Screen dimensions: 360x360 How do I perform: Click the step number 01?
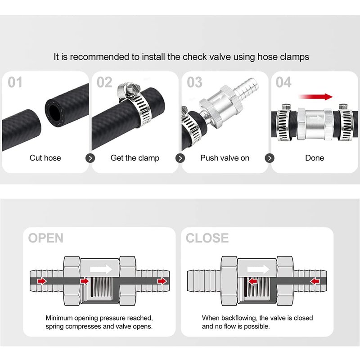coord(15,82)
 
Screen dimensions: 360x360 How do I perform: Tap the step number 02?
coord(104,82)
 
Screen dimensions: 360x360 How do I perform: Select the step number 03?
coord(194,82)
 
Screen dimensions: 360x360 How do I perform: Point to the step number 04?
coord(283,82)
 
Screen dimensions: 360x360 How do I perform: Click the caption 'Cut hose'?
coord(45,158)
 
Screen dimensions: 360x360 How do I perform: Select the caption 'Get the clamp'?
coord(135,158)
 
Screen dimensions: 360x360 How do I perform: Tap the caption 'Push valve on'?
coord(225,158)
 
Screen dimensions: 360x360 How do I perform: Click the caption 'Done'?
coord(315,158)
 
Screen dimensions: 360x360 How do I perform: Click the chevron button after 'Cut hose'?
coord(90,158)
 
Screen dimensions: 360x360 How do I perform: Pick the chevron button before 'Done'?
coord(270,158)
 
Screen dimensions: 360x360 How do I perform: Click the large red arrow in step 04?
coord(316,97)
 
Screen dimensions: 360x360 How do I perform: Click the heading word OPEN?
coord(46,238)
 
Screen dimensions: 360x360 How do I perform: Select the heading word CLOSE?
coord(207,238)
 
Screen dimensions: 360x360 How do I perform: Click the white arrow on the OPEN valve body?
coord(101,269)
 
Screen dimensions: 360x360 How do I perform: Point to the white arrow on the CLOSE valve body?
coord(258,269)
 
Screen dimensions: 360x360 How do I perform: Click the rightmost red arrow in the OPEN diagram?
coord(162,281)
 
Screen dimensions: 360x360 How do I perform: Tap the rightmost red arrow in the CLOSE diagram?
coord(314,281)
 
